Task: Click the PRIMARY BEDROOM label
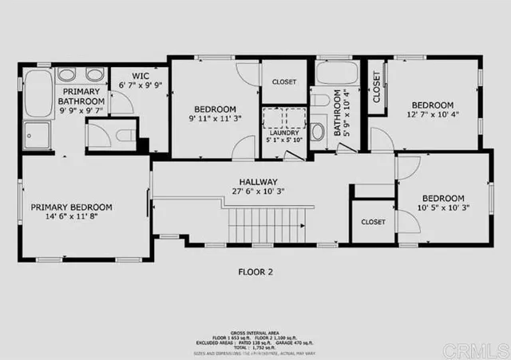(71, 207)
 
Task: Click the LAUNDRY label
(283, 133)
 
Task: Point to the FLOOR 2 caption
(255, 271)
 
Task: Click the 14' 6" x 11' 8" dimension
(71, 217)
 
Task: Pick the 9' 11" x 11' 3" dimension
(214, 120)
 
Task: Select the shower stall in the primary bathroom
(36, 135)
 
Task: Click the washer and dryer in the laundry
(283, 117)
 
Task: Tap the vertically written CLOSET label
(375, 88)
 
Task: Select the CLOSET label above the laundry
(284, 81)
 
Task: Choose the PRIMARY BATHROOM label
(83, 97)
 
